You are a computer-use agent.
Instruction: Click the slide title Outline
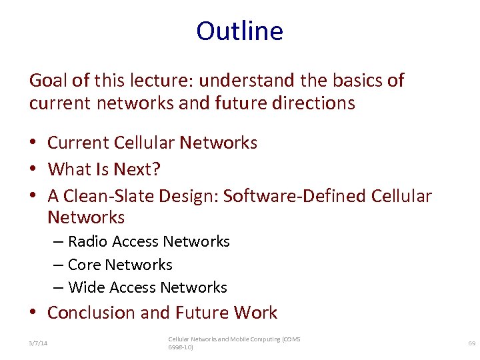click(x=239, y=31)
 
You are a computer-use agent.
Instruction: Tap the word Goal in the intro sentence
click(x=49, y=81)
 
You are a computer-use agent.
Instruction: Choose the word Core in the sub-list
click(x=84, y=265)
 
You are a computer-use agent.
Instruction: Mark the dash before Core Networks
click(x=58, y=265)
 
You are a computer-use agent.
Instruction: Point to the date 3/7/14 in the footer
click(x=38, y=343)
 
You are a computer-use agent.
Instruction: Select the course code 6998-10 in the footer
click(x=179, y=347)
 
